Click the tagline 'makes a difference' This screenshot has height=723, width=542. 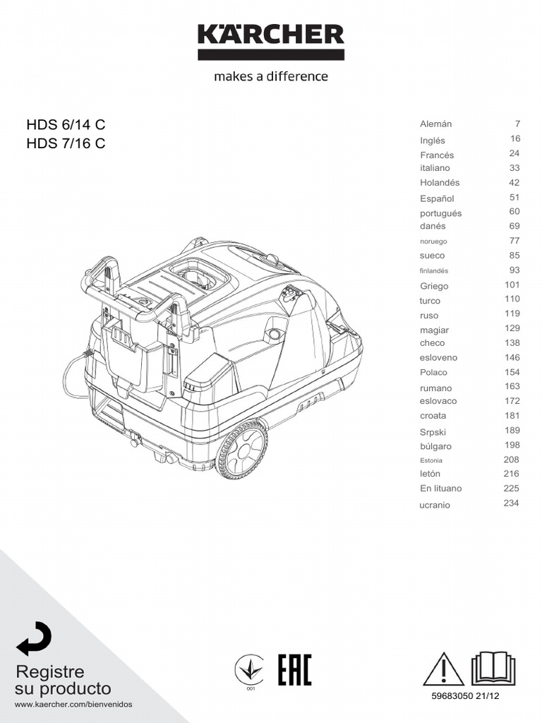pos(271,76)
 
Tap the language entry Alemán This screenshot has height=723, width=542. pos(436,124)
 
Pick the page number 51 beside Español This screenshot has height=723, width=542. pos(514,198)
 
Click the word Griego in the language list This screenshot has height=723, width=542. pos(434,286)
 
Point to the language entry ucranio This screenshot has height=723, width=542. pos(435,505)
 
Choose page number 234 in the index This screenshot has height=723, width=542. pos(511,503)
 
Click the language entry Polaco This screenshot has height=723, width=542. pos(434,372)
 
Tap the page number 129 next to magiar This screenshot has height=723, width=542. pos(512,328)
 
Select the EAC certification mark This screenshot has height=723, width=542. pos(294,669)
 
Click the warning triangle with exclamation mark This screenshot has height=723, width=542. pos(443,669)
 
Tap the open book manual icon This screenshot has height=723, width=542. pos(493,668)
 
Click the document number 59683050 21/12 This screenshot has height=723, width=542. pos(469,696)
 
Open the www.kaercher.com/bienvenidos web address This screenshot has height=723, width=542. pos(73,705)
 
